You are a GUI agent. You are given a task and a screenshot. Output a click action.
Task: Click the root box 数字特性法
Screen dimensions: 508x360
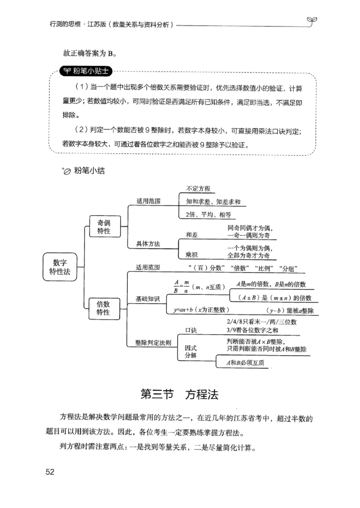click(x=59, y=267)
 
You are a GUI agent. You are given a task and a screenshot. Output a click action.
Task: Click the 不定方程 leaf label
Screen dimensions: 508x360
click(x=198, y=189)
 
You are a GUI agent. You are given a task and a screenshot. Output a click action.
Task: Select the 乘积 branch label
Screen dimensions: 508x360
click(x=192, y=255)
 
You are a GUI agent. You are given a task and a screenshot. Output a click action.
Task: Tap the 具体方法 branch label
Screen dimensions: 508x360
click(x=148, y=244)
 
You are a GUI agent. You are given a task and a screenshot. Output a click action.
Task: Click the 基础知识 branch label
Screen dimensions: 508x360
click(x=148, y=299)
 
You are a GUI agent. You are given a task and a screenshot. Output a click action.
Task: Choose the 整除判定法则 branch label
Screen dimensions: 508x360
click(x=153, y=342)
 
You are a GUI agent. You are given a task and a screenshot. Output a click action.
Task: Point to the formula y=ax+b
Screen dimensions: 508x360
click(x=202, y=310)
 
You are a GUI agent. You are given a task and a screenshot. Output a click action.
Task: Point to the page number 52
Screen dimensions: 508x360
click(x=49, y=472)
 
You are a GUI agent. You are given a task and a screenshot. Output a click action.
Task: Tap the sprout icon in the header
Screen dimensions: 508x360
click(x=310, y=21)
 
